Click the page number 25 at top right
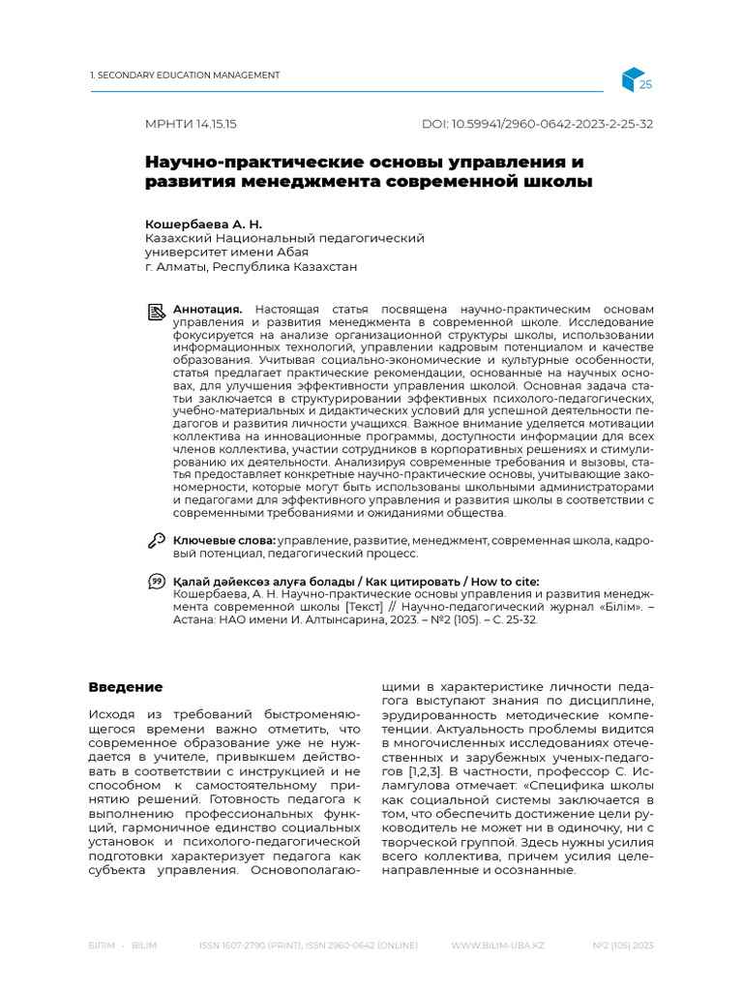pos(646,85)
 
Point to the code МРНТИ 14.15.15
pos(191,125)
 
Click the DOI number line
pos(537,125)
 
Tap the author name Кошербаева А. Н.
pos(203,224)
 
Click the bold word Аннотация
pos(207,308)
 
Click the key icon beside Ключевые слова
pos(156,540)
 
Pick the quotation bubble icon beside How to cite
pos(156,581)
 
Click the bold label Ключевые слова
pos(223,540)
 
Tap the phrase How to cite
pos(507,580)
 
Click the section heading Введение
pos(126,687)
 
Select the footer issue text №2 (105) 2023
pos(623,945)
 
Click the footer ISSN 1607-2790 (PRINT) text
pos(251,945)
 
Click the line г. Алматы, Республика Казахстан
pos(251,266)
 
